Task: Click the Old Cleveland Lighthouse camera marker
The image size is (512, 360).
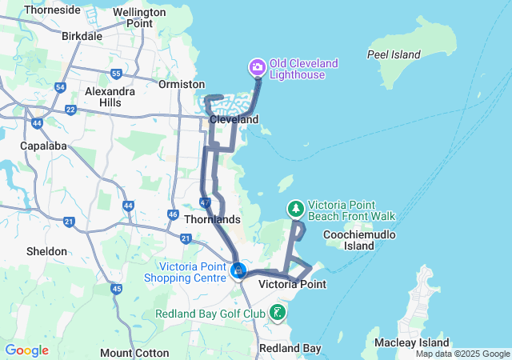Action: [x=258, y=66]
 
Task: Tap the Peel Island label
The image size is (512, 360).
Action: [x=394, y=54]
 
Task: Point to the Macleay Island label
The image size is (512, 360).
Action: [x=411, y=343]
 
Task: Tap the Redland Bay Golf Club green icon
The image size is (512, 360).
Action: [x=278, y=312]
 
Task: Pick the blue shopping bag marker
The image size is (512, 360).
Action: [x=238, y=271]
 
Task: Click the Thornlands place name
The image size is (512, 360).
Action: [x=212, y=218]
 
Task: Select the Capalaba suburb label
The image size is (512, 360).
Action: [x=46, y=146]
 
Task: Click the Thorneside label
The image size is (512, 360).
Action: [x=53, y=10]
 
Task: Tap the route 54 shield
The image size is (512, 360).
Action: [x=60, y=87]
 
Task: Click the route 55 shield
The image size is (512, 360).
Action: [x=117, y=74]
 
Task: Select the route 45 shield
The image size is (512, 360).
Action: [x=117, y=288]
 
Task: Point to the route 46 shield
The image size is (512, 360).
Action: [x=173, y=214]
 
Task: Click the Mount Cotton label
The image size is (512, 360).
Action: [x=134, y=353]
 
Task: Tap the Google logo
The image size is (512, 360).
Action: [x=26, y=350]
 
